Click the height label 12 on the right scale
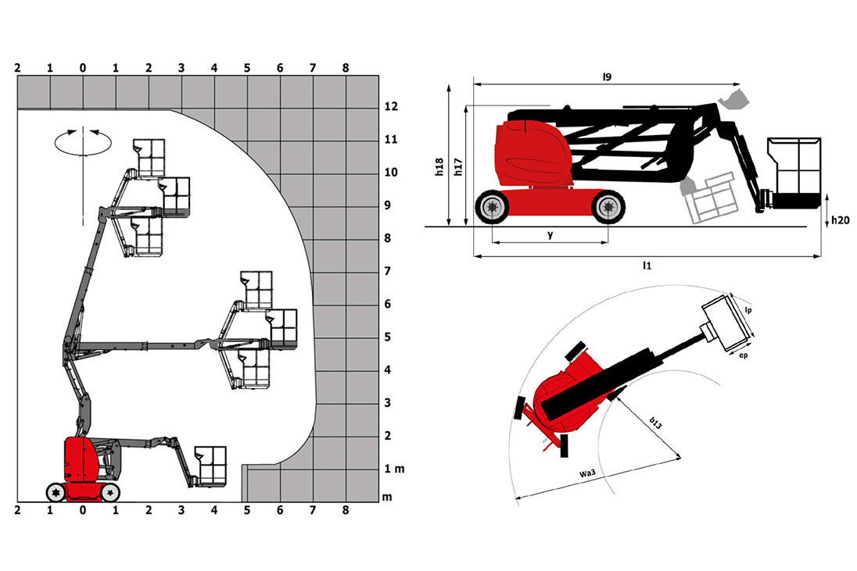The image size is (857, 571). (x=391, y=106)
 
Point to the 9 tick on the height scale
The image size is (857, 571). (x=388, y=205)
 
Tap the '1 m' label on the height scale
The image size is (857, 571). (x=394, y=469)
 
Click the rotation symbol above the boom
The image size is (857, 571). (x=83, y=142)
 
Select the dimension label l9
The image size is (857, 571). (x=607, y=77)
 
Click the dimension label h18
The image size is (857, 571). (x=439, y=166)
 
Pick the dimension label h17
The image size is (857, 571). (x=458, y=166)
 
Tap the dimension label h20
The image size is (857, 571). (x=840, y=220)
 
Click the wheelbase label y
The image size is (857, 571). (x=550, y=235)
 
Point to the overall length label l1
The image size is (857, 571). (x=647, y=266)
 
